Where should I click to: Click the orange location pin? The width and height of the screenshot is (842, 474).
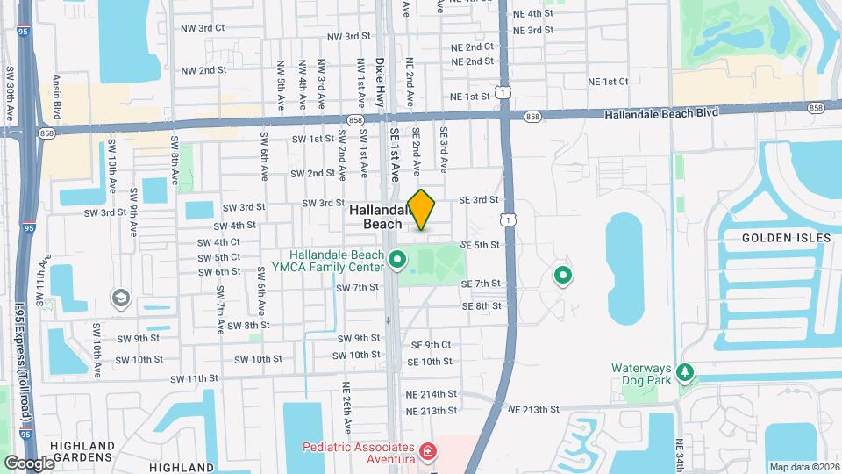[x=422, y=209]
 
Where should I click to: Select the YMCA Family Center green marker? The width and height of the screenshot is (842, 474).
[x=397, y=259]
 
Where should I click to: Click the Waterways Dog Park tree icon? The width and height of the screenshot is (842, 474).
[x=686, y=373]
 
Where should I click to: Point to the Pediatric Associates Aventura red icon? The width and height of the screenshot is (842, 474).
[x=427, y=452]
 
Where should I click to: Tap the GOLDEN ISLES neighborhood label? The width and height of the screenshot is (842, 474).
[x=779, y=238]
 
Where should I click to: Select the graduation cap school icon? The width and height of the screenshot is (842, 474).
[x=118, y=298]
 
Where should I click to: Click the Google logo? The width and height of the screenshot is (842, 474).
[x=29, y=463]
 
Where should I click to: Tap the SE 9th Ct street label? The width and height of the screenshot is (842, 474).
[x=430, y=345]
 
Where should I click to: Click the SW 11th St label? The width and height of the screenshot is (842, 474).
[x=194, y=378]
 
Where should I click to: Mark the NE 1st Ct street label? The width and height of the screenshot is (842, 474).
[x=608, y=81]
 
